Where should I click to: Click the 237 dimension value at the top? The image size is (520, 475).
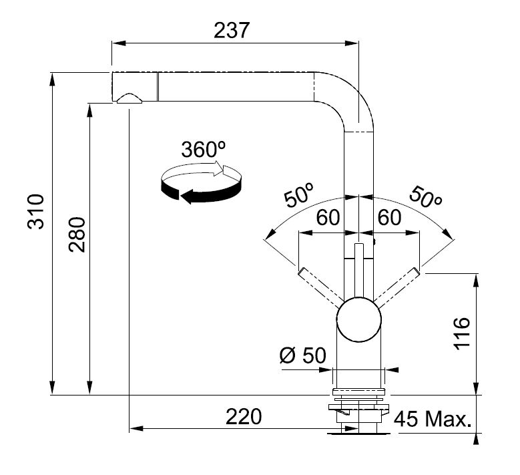[231, 31]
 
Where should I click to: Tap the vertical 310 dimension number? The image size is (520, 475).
[35, 212]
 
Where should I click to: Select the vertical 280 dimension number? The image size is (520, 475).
[77, 234]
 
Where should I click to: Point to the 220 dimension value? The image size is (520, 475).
[244, 417]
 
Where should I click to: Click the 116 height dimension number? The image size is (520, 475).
[462, 333]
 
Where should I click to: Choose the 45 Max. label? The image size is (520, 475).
[433, 419]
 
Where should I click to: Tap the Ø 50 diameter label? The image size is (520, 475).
[303, 355]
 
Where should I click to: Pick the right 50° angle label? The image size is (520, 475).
[426, 198]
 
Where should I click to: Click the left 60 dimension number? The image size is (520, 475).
[328, 218]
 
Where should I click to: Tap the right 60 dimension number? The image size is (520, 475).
[389, 218]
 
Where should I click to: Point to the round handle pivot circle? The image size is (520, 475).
[359, 319]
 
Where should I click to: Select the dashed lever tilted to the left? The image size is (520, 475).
[320, 287]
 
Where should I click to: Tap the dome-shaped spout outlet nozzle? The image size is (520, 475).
[129, 98]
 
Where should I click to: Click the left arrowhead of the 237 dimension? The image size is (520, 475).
[119, 43]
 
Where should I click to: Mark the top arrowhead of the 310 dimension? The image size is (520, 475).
[52, 80]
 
